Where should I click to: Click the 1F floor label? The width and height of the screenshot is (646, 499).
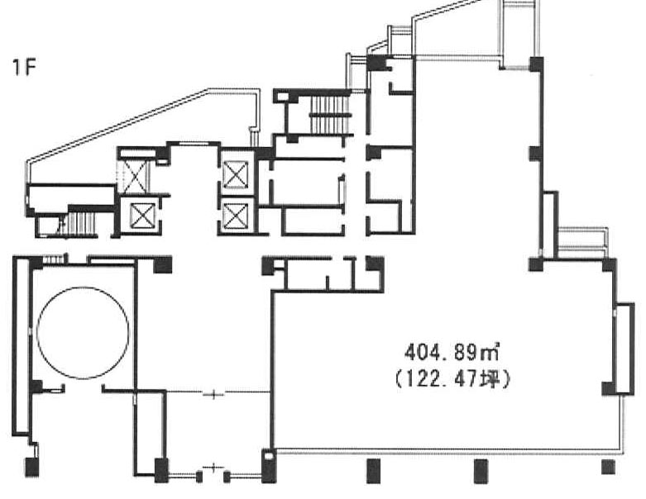23,67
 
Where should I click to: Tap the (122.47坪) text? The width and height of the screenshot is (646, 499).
452,379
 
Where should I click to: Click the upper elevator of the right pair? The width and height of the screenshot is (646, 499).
235,175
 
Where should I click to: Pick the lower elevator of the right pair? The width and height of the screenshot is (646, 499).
235,216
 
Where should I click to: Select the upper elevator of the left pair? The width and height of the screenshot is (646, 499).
135,177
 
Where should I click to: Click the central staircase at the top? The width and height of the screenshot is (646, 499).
328,114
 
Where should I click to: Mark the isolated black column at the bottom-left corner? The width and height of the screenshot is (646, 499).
31,467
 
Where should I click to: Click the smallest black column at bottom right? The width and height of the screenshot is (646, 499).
608,467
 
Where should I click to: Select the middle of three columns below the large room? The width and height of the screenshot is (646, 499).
481,471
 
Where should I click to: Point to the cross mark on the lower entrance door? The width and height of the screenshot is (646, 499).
213,467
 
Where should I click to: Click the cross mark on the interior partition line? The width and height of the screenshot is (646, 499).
214,395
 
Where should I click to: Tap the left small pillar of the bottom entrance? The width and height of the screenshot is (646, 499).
199,478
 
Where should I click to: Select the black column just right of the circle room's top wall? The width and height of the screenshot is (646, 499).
163,264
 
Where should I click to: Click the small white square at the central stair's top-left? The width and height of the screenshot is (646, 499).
283,97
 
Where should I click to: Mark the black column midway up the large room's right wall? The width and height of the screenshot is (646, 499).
536,154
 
